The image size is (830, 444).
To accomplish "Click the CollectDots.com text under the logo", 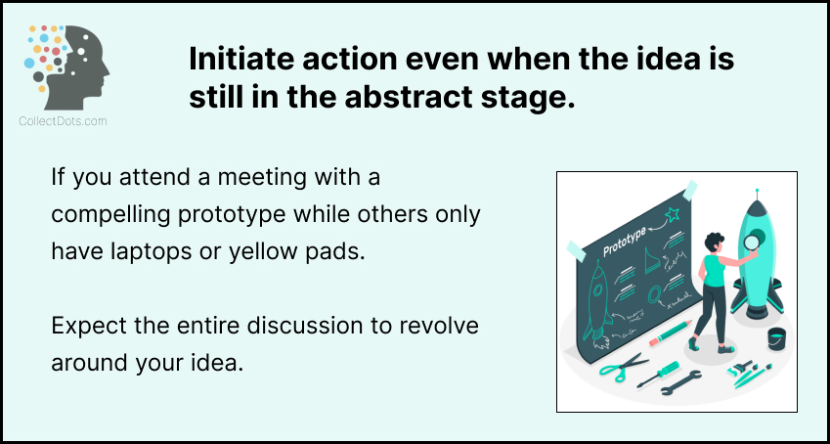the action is pyautogui.click(x=63, y=121).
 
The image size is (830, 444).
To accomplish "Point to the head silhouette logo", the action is pyautogui.click(x=66, y=67).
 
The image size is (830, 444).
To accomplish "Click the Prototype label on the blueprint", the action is pyautogui.click(x=624, y=243).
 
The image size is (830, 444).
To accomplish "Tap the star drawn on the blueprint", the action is pyautogui.click(x=672, y=214).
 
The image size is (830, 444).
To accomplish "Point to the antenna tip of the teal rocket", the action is pyautogui.click(x=757, y=190).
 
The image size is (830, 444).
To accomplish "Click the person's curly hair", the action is pyautogui.click(x=714, y=243).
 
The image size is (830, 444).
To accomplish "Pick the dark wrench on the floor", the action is pyautogui.click(x=680, y=382).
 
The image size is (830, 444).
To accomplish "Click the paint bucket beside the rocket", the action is pyautogui.click(x=776, y=339).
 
